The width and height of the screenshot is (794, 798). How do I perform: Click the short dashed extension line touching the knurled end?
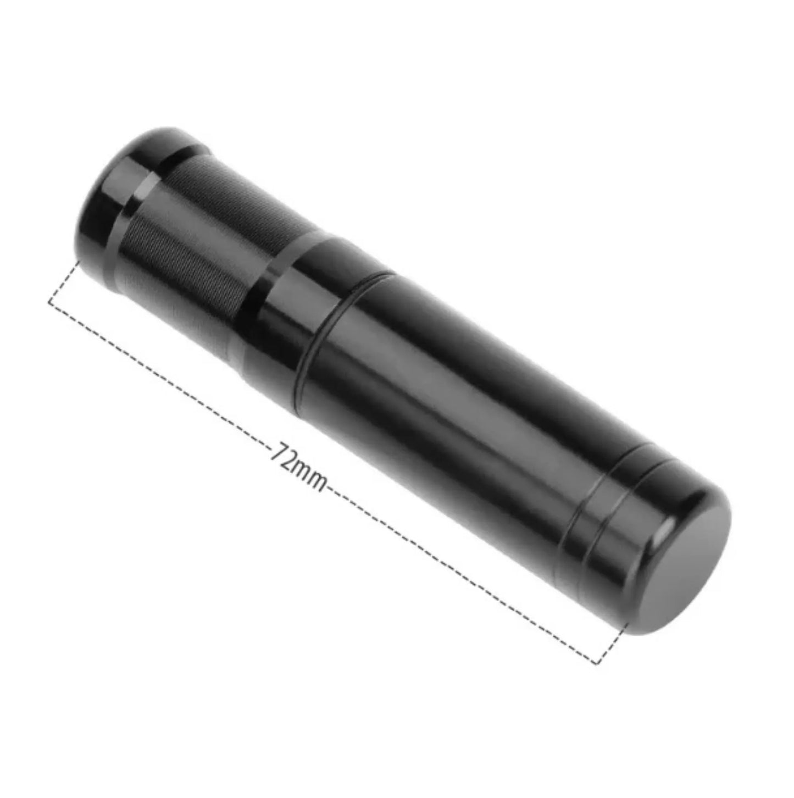(x=63, y=280)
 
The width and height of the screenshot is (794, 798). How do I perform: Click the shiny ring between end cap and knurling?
(x=137, y=203)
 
